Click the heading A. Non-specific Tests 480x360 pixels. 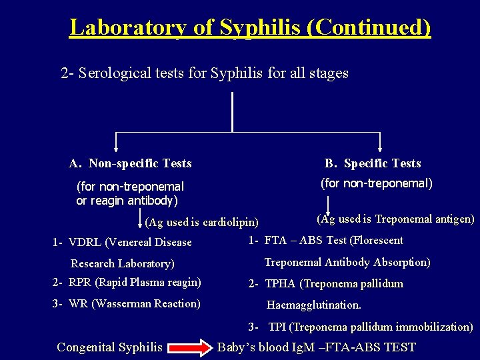coord(130,163)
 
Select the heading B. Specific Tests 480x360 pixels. coord(373,163)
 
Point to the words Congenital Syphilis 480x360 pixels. coord(109,347)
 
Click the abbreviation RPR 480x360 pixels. coord(80,282)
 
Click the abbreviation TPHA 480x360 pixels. coord(281,284)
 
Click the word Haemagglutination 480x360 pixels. coord(313,305)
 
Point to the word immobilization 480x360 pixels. coord(434,327)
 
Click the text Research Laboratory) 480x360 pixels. coord(122,264)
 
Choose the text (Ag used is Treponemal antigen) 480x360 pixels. coord(395,219)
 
